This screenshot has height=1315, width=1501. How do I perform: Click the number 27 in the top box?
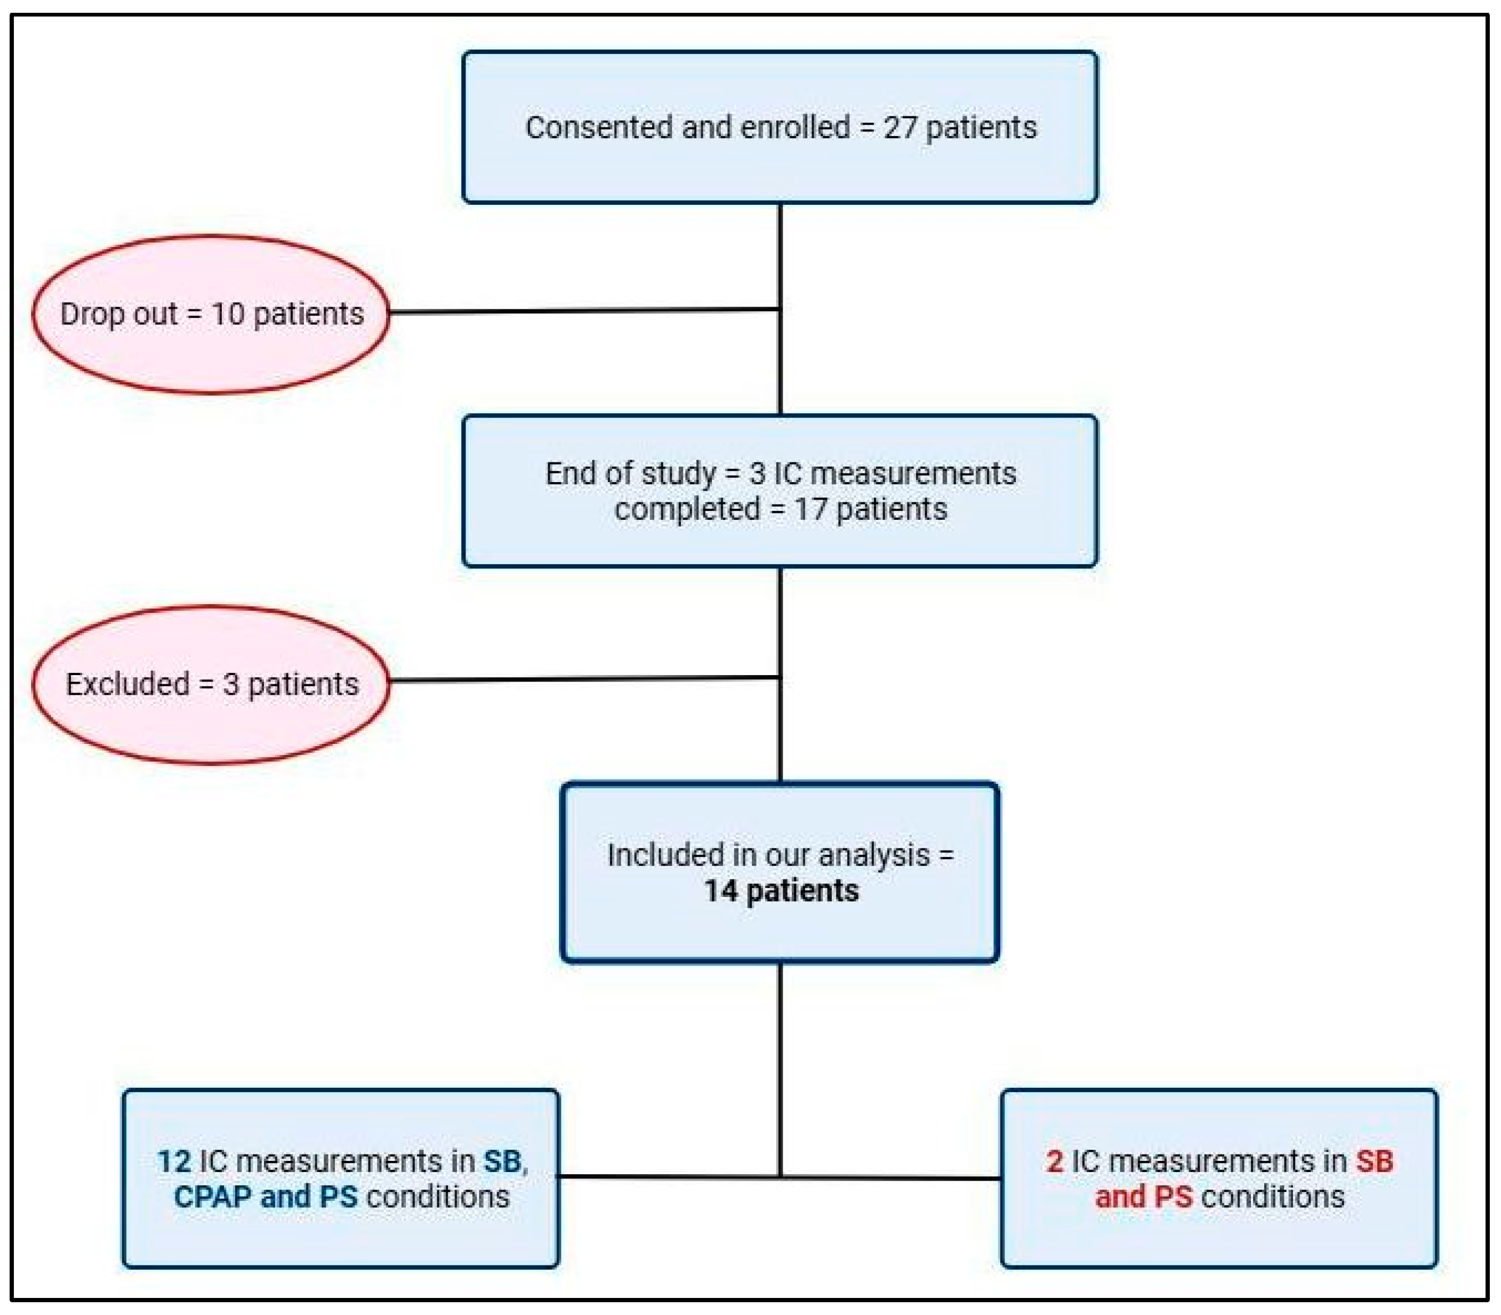tap(900, 127)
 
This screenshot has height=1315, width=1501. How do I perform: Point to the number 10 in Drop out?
tap(228, 314)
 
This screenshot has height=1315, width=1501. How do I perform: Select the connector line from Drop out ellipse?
tap(583, 311)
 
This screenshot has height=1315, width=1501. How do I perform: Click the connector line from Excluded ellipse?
tap(583, 679)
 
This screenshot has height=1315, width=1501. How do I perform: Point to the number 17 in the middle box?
tap(810, 509)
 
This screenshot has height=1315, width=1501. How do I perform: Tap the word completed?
tap(687, 509)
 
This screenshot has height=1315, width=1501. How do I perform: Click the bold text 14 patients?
tap(781, 891)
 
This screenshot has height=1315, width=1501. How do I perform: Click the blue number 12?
tap(174, 1161)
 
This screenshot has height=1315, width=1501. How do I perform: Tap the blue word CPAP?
tap(213, 1197)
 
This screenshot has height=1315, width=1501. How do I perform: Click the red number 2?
tap(1054, 1161)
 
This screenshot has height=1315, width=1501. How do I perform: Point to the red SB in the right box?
tap(1374, 1161)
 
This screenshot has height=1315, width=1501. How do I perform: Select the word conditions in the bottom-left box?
tap(437, 1197)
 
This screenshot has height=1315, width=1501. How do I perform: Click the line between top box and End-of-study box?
tap(780, 257)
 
